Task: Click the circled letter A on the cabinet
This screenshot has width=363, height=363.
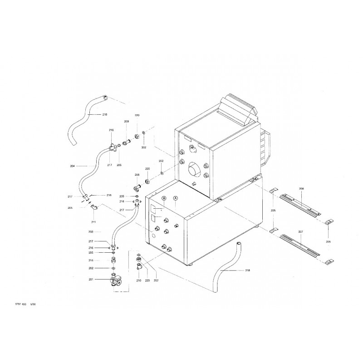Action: click(176, 198)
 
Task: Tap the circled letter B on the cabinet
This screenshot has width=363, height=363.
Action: click(164, 198)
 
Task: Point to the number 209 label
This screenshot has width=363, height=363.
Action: click(127, 122)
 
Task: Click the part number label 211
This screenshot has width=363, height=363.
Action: click(93, 221)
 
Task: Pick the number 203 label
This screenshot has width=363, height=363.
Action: click(91, 231)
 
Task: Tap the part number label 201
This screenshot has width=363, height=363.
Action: click(91, 280)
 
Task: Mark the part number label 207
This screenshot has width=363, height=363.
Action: click(301, 232)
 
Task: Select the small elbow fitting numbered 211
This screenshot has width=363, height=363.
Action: click(93, 208)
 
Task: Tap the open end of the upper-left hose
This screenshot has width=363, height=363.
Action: click(105, 97)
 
